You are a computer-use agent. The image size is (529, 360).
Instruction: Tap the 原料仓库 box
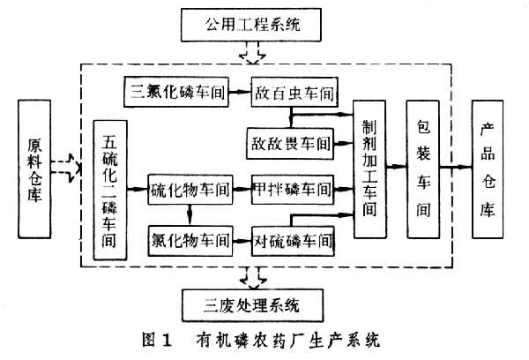34,170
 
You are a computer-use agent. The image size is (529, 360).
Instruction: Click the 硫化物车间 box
190,188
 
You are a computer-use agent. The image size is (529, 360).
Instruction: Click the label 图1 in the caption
156,340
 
